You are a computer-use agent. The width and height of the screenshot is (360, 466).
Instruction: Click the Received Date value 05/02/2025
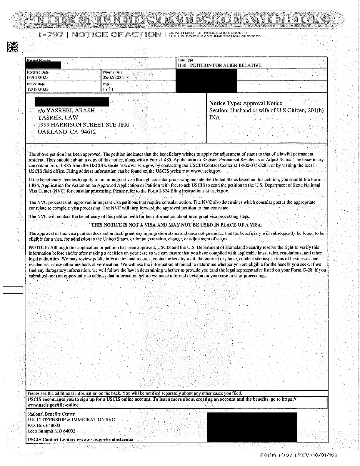pos(38,78)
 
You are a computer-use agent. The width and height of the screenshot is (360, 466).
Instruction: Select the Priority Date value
pos(113,78)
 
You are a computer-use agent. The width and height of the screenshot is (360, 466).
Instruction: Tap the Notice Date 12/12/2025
pos(38,89)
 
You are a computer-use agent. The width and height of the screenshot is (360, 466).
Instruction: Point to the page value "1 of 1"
pos(108,89)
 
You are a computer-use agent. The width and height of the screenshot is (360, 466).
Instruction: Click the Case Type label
pos(186,60)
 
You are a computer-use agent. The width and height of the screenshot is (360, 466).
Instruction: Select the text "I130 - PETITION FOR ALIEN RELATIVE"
pos(219,65)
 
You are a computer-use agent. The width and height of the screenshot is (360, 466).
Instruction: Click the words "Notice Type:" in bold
pos(225,103)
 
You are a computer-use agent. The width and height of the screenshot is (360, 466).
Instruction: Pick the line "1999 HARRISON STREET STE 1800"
pos(83,125)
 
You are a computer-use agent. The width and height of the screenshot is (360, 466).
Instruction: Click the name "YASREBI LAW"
pos(58,118)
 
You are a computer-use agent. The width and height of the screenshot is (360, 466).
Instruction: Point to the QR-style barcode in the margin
pos(12,47)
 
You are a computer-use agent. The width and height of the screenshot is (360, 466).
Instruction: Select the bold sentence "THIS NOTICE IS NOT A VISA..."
pos(176,225)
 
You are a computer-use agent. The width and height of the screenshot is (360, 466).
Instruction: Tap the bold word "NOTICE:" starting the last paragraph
pos(39,247)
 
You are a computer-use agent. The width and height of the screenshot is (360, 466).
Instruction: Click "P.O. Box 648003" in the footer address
pos(44,425)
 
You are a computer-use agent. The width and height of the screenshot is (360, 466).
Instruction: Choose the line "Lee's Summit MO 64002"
pos(51,431)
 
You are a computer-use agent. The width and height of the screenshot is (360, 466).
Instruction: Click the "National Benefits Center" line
pos(51,414)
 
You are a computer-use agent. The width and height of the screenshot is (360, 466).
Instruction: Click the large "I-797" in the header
pos(51,35)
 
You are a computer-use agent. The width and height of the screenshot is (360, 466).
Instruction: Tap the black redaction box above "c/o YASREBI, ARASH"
pos(71,102)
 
